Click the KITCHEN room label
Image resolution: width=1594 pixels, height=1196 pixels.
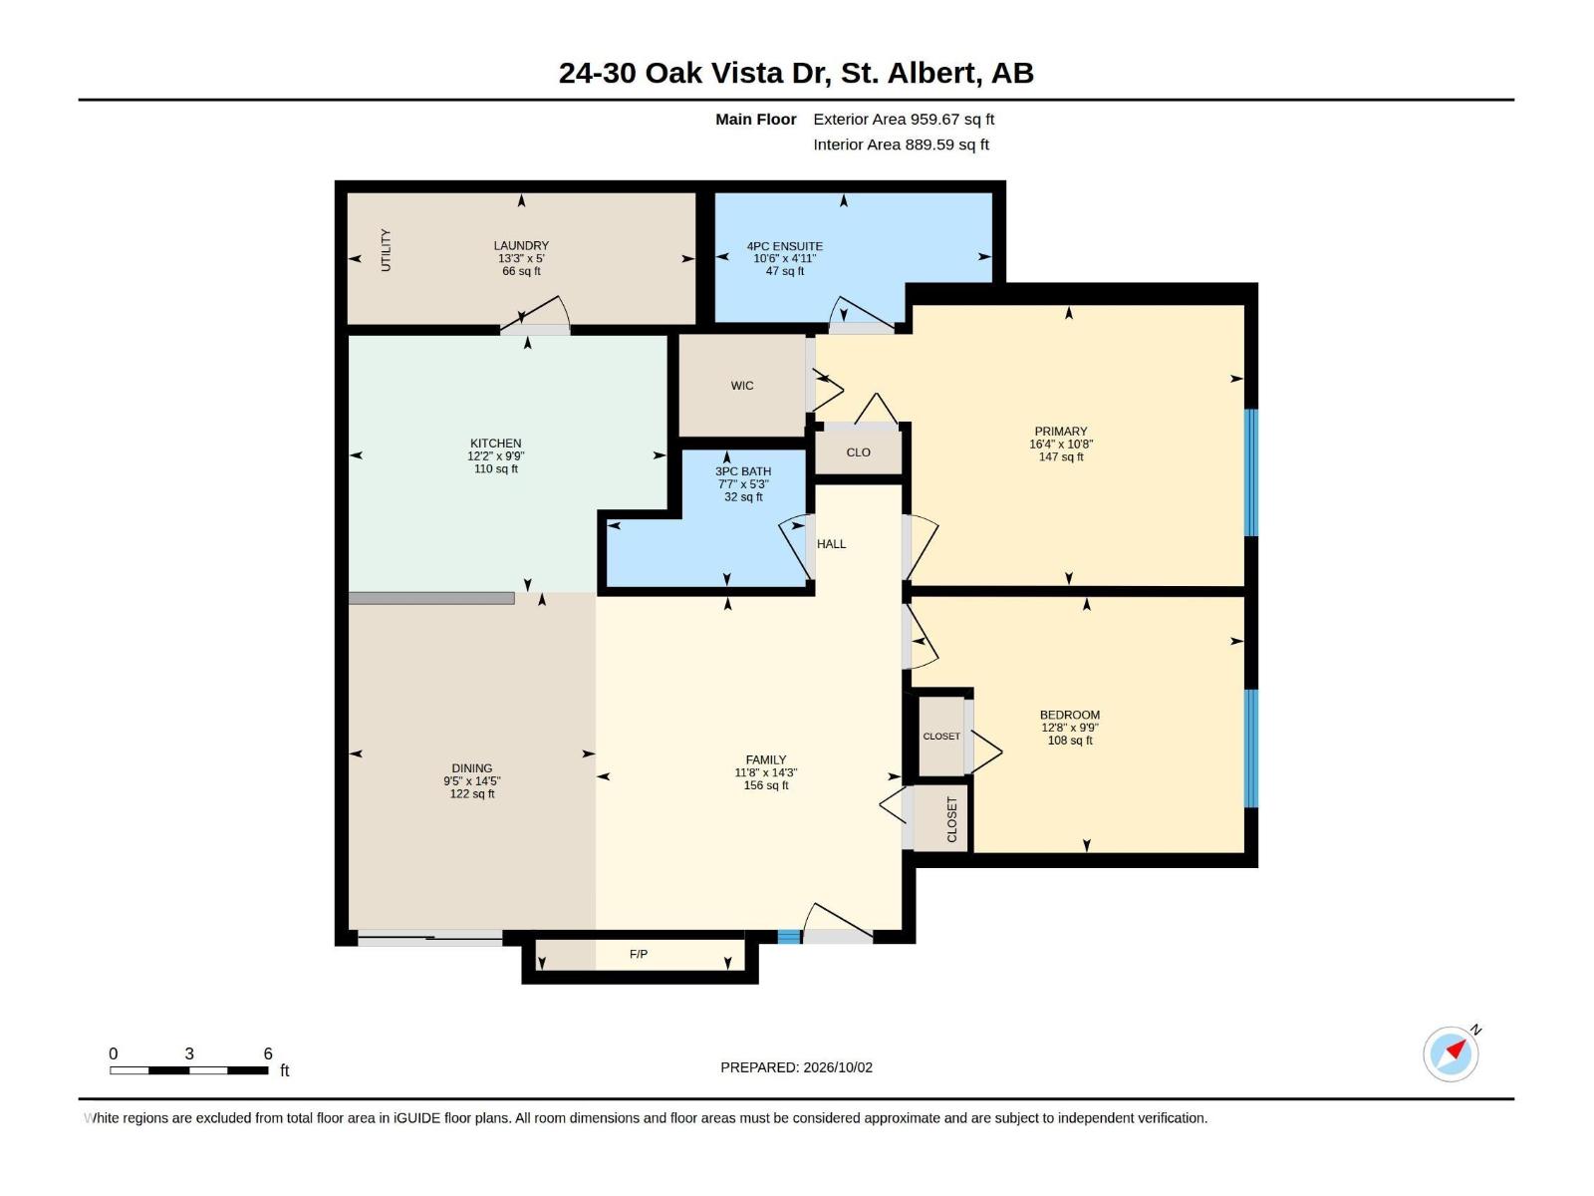495,443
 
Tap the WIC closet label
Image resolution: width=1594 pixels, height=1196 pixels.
741,386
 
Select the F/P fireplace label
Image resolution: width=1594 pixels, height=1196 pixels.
639,954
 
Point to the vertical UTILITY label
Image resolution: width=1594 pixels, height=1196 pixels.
386,250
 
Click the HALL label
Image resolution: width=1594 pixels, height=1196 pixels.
831,544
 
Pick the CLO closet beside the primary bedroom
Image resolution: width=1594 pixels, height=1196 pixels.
858,452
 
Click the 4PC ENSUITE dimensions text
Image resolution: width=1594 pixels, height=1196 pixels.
784,258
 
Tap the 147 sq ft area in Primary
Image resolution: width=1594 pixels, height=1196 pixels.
1060,456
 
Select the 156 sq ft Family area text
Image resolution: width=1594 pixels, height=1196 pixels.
765,785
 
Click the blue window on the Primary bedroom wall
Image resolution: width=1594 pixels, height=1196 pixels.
1250,472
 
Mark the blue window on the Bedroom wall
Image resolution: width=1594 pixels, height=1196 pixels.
1250,747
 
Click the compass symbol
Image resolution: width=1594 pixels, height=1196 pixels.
1451,1054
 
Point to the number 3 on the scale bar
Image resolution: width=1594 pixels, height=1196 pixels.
189,1053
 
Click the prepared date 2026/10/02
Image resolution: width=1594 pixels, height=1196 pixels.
837,1067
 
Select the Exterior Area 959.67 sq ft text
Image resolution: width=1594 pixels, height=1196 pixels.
904,119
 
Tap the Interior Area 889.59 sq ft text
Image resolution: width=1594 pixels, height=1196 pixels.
901,145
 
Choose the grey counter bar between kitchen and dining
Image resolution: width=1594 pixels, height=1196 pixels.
431,598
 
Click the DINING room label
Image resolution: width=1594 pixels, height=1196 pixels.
471,768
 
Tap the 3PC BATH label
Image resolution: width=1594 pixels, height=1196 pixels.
743,471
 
